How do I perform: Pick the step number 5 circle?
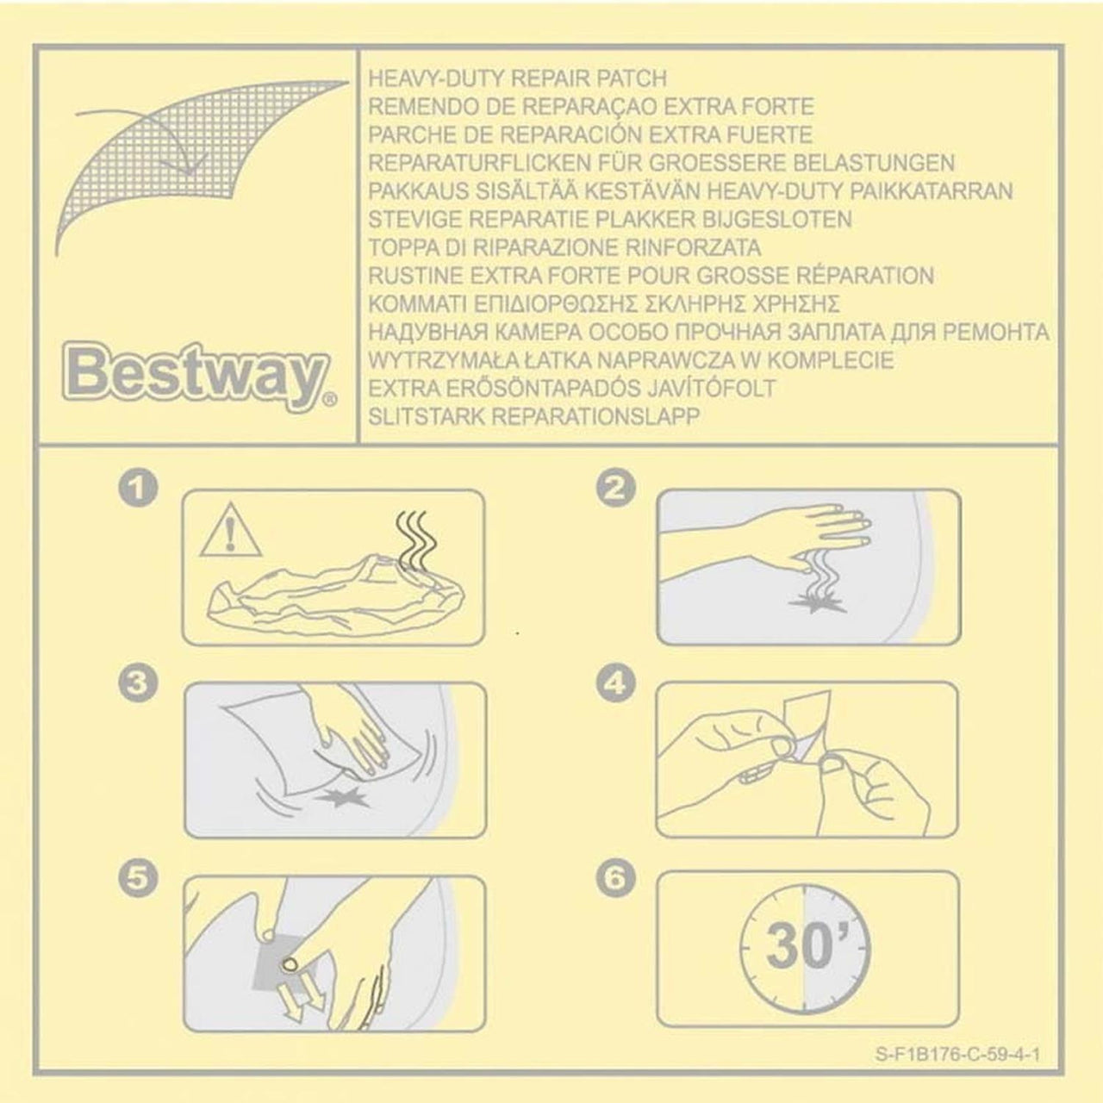point(137,877)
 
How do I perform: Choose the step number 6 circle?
point(615,877)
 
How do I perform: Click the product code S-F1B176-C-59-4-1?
point(957,1055)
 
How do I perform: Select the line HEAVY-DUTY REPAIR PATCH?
point(517,78)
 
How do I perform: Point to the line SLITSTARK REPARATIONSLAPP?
point(534,417)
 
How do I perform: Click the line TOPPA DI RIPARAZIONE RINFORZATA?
point(564,248)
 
